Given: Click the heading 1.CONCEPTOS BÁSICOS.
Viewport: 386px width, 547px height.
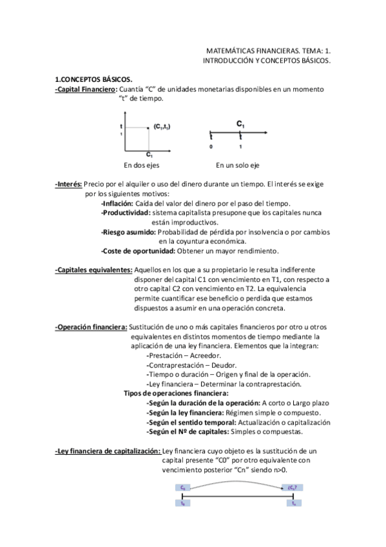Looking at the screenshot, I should point(93,79).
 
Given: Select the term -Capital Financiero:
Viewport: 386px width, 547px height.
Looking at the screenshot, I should point(86,88).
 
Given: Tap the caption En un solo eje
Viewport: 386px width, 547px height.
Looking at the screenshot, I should point(238,164).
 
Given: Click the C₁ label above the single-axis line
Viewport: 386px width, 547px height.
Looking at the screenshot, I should point(240,123).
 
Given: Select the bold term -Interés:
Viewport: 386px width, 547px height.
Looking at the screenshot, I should point(68,184).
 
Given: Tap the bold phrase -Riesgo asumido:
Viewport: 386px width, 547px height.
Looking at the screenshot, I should point(128,232).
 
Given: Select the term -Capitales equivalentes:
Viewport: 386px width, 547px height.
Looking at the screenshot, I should point(93,270).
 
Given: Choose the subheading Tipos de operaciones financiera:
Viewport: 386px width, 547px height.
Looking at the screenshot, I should point(176,393).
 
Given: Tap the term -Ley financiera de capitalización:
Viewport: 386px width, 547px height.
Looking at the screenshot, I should point(108,451).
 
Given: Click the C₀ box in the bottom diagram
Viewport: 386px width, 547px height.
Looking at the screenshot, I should point(183,488).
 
